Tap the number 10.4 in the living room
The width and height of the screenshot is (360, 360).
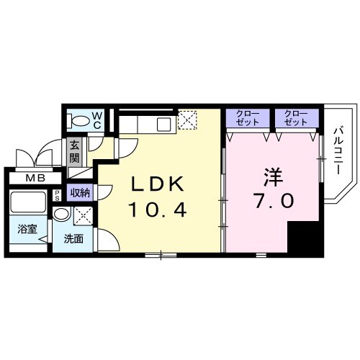click(158, 210)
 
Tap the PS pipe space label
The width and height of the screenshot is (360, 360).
click(56, 197)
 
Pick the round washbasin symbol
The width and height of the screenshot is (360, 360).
click(63, 214)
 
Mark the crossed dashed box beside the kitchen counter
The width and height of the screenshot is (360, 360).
click(188, 120)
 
